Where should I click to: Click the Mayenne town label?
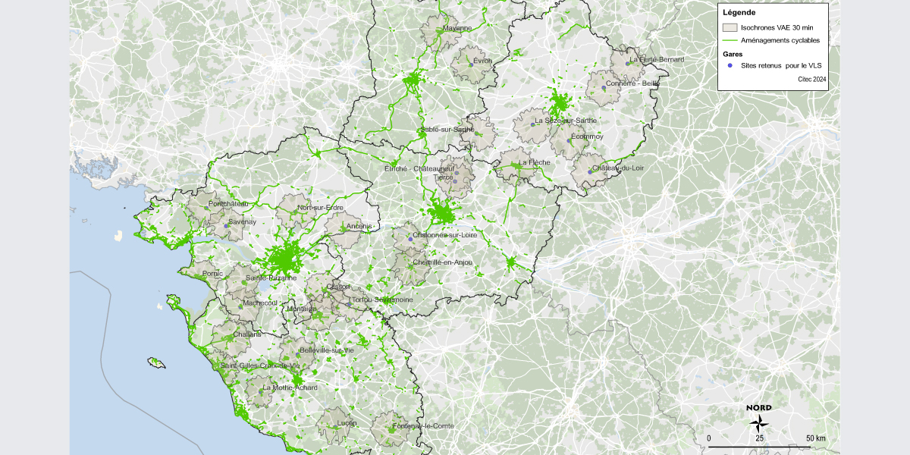pyautogui.click(x=457, y=28)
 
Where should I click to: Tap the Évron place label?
pyautogui.click(x=482, y=60)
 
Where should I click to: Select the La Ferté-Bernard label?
pyautogui.click(x=657, y=59)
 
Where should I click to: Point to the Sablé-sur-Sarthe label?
pyautogui.click(x=447, y=130)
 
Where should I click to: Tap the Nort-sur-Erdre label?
pyautogui.click(x=320, y=208)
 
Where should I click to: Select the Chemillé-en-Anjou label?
pyautogui.click(x=442, y=262)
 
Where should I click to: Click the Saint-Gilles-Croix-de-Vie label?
pyautogui.click(x=260, y=366)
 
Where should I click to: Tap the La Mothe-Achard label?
pyautogui.click(x=290, y=388)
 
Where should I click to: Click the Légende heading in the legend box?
pyautogui.click(x=739, y=12)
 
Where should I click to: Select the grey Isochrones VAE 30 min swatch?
pyautogui.click(x=730, y=27)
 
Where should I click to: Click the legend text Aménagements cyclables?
pyautogui.click(x=780, y=40)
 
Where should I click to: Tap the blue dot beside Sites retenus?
pyautogui.click(x=730, y=65)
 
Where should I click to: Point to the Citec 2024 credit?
pyautogui.click(x=811, y=78)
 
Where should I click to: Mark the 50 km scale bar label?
pyautogui.click(x=815, y=438)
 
